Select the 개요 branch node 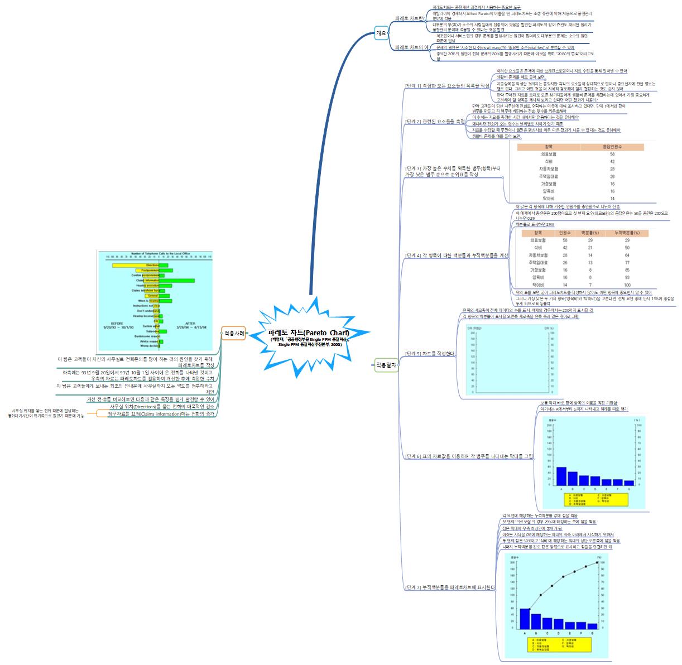(x=382, y=33)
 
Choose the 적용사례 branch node (x=234, y=333)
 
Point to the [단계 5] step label (x=430, y=354)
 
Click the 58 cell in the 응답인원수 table (x=612, y=154)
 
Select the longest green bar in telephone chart (x=177, y=281)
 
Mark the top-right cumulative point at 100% (x=598, y=562)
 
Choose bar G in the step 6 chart (x=629, y=483)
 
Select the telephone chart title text (x=160, y=253)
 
